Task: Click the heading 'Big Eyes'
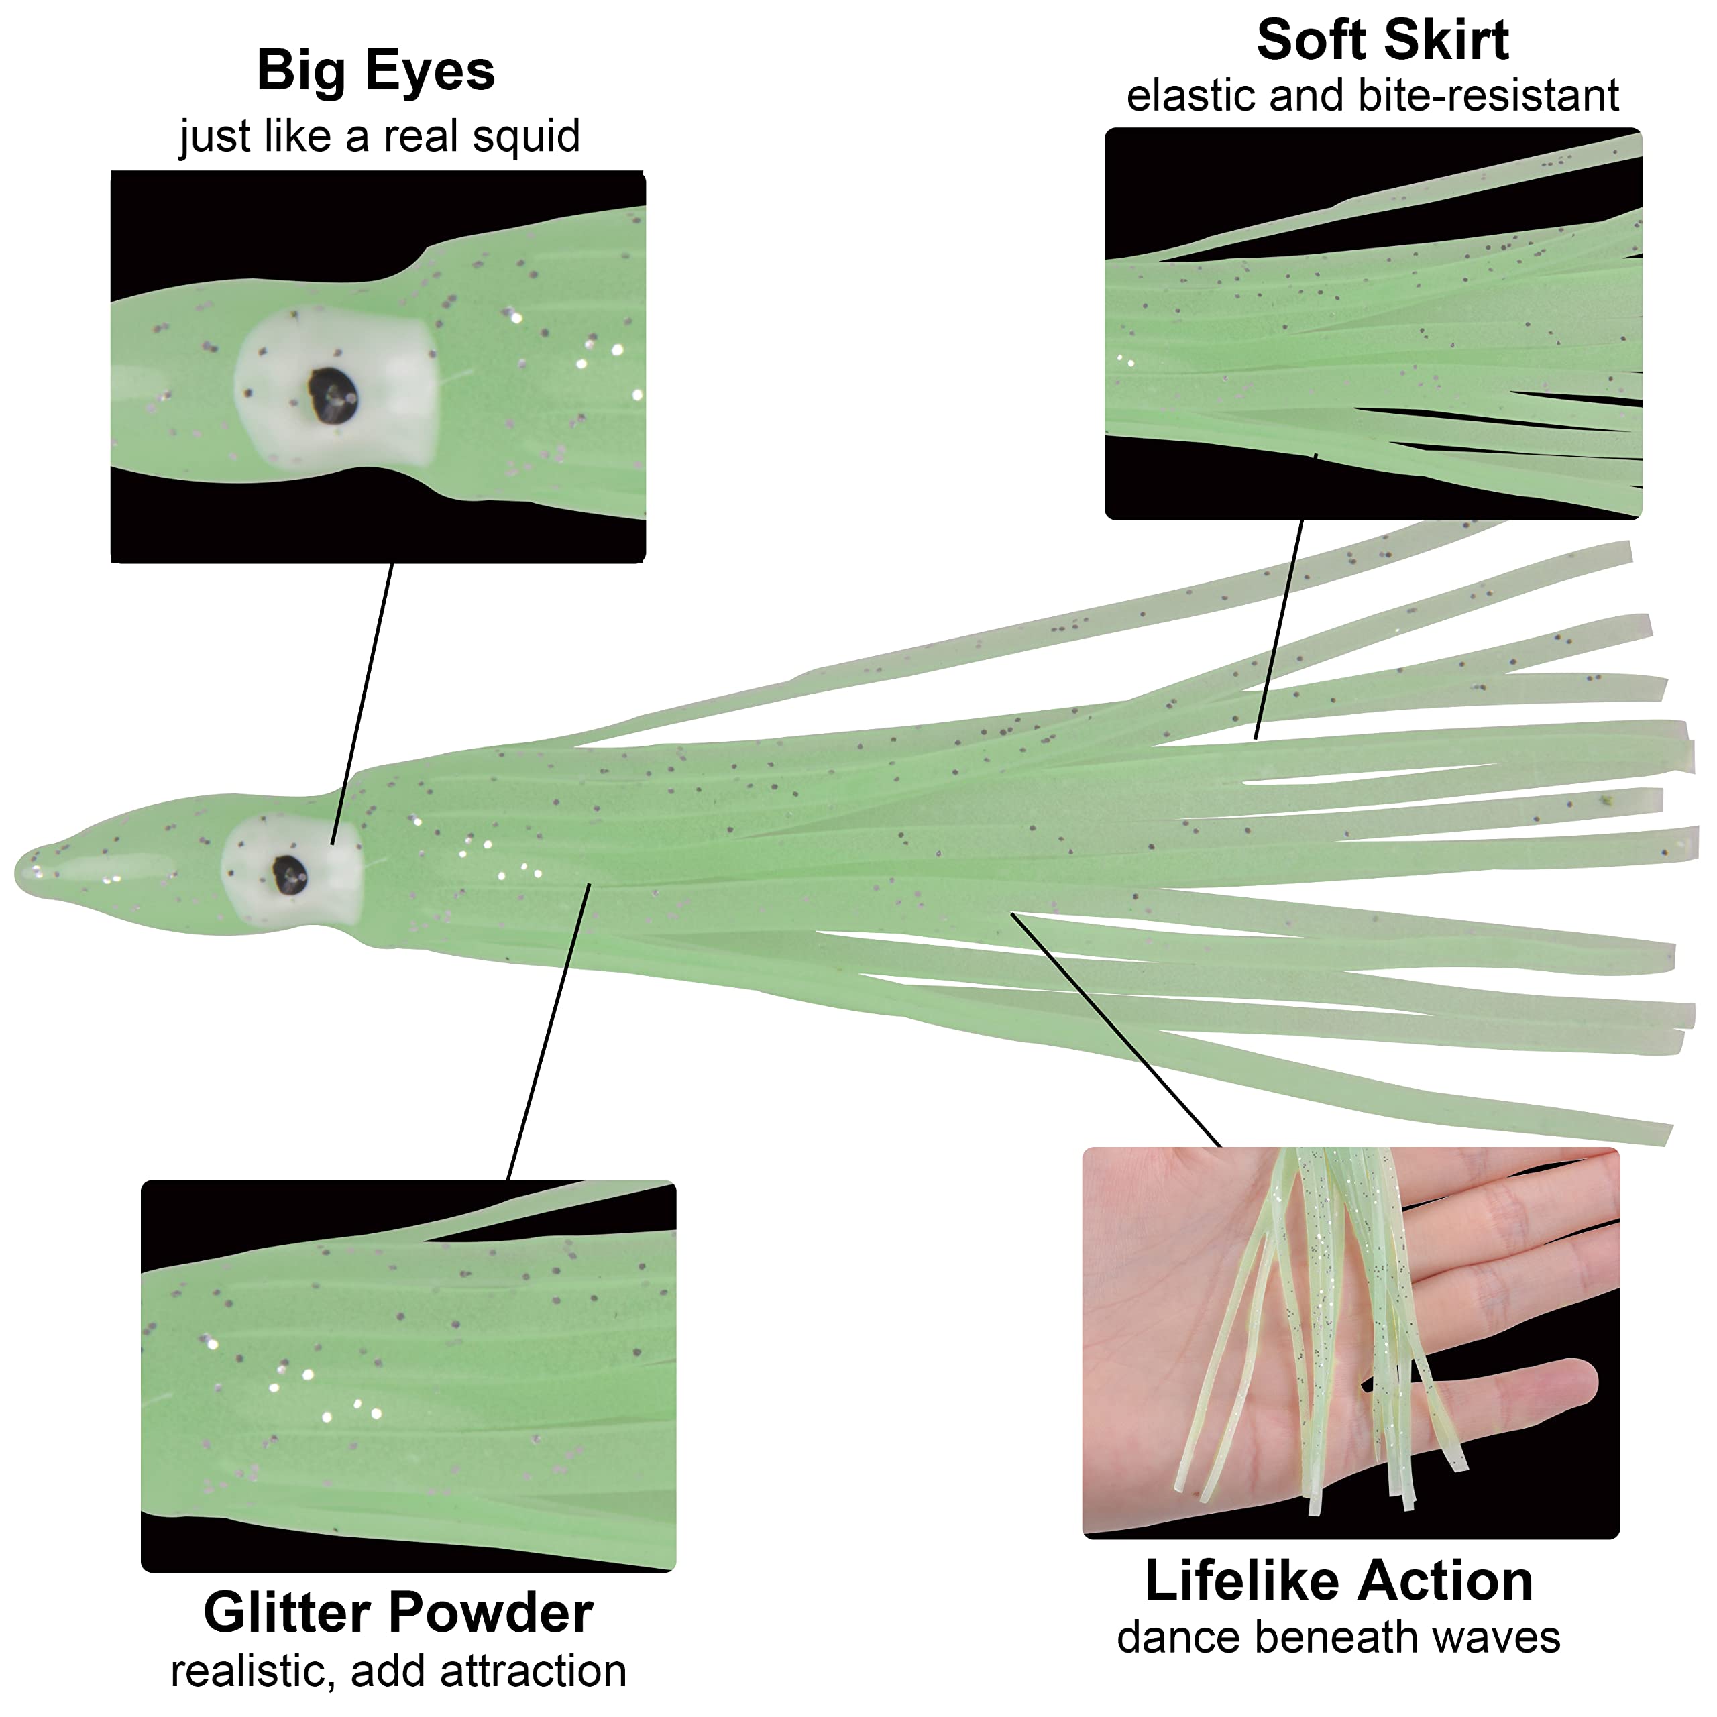click(x=375, y=71)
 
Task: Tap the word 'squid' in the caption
click(x=525, y=137)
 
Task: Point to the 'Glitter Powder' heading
click(x=398, y=1612)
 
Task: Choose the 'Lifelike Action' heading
click(x=1339, y=1580)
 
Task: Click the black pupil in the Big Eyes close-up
click(x=333, y=396)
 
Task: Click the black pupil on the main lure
click(x=290, y=875)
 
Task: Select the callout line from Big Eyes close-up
click(x=363, y=702)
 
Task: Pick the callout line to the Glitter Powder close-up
click(x=549, y=1031)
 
